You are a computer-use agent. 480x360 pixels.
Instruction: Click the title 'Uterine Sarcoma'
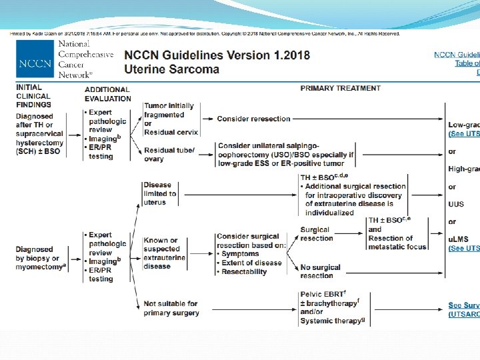point(171,69)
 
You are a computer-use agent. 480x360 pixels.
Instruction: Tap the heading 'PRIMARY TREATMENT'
point(341,88)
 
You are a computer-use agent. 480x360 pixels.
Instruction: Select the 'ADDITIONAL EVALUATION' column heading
point(107,94)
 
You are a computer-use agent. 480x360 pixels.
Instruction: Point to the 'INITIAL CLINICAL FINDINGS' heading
point(33,95)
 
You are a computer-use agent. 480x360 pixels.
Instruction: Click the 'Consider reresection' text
point(253,119)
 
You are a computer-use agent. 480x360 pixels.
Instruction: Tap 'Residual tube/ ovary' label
point(169,154)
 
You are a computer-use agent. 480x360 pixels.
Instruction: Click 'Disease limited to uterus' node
point(160,194)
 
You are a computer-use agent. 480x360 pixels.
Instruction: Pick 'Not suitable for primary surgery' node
point(170,308)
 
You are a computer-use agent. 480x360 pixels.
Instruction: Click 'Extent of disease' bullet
point(251,263)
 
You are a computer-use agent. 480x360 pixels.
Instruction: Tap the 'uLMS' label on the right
point(458,239)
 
